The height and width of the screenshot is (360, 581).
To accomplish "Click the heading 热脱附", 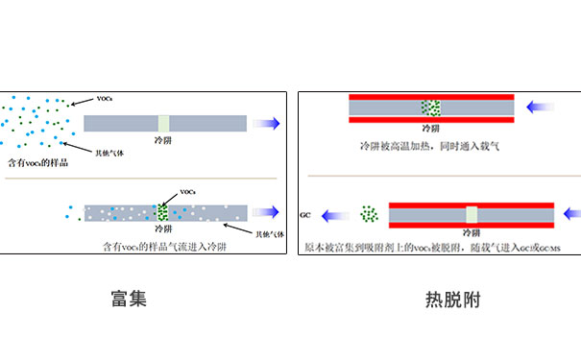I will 451,300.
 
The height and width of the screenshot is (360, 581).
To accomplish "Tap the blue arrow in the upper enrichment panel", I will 265,123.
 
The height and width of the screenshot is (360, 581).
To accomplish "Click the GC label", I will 308,215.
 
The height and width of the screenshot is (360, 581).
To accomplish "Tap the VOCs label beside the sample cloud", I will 107,99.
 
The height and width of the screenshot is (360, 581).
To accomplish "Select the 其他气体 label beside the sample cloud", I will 108,152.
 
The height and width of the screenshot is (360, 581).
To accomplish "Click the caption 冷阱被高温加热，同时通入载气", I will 430,147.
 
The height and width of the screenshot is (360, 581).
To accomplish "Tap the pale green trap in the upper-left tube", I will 163,123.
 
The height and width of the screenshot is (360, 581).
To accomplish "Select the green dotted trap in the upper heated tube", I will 431,108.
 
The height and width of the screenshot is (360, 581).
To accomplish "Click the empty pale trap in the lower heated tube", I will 471,214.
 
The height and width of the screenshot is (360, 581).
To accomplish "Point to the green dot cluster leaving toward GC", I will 367,214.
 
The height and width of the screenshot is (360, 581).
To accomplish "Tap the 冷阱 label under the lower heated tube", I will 471,233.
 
